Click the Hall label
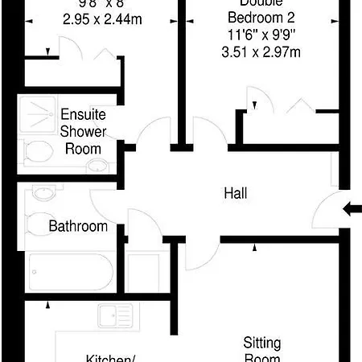[x=236, y=194]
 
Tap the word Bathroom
[x=78, y=226]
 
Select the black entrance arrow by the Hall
[x=352, y=209]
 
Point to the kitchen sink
[x=114, y=316]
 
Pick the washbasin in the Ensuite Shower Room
[x=97, y=166]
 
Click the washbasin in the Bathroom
[x=43, y=193]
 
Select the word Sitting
[x=262, y=341]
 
